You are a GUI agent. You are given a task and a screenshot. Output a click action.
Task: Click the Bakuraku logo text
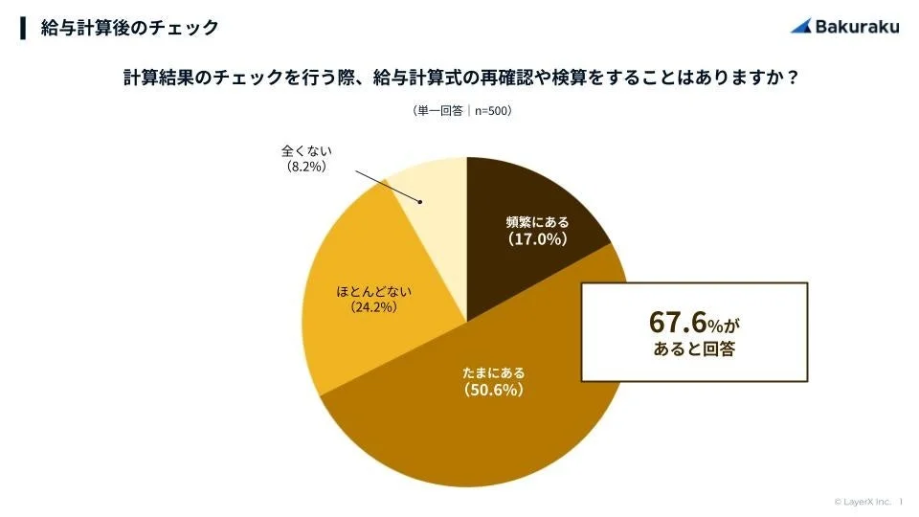point(857,26)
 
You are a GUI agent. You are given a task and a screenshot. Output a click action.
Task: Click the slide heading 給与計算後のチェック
point(129,28)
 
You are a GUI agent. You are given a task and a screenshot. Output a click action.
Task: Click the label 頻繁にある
point(537,222)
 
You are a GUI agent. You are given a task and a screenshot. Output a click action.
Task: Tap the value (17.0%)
point(537,239)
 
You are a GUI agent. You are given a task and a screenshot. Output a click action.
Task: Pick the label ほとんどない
point(367,290)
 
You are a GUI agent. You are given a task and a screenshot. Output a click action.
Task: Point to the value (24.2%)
point(367,307)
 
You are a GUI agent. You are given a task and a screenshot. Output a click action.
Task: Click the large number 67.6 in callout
point(677,322)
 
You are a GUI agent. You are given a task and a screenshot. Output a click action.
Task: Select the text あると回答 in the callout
point(694,350)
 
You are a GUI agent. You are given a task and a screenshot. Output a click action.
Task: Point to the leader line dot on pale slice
point(420,201)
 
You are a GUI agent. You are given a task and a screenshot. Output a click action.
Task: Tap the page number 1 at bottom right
point(901,501)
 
